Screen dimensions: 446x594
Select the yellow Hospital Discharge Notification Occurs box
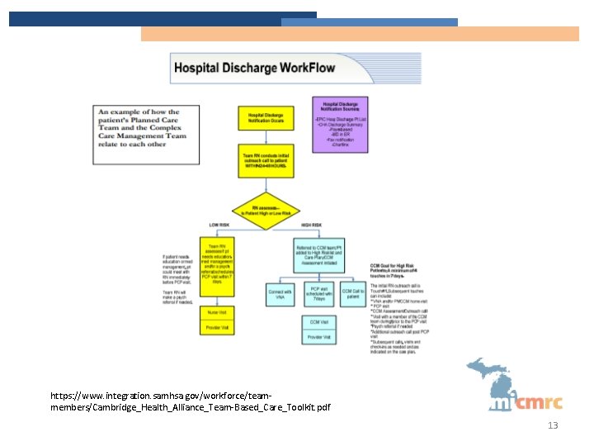(266, 119)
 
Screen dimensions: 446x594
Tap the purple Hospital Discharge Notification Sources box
(340, 125)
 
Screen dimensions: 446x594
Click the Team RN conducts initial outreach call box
(266, 160)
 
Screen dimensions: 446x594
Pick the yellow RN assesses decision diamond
(266, 210)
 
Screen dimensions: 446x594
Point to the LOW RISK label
(219, 225)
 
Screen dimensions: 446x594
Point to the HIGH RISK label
(311, 225)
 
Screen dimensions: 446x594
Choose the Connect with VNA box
(280, 294)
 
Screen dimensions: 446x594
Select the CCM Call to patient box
(353, 294)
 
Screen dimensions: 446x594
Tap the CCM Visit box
(318, 322)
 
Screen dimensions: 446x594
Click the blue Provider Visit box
(318, 337)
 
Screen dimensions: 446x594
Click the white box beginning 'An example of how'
(144, 128)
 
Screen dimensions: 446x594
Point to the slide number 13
(554, 425)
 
